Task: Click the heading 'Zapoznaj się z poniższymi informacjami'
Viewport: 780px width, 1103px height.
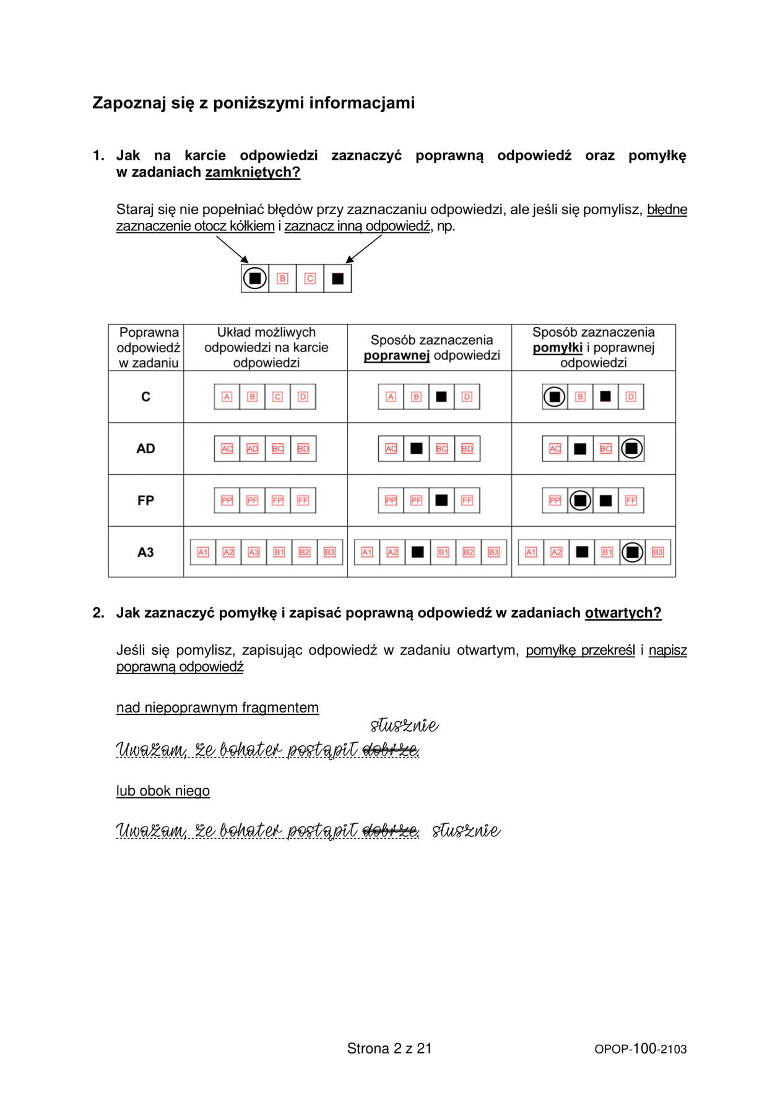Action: [x=253, y=103]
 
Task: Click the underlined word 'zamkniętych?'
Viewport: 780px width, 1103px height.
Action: [x=253, y=172]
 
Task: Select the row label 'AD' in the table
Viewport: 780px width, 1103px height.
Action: [x=145, y=449]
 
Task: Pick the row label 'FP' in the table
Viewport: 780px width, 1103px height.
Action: [x=145, y=500]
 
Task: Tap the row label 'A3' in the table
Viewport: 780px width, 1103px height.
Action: [x=145, y=552]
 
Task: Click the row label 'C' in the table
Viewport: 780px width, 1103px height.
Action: [x=145, y=397]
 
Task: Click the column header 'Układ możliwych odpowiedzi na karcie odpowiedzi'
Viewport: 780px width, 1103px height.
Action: [x=266, y=347]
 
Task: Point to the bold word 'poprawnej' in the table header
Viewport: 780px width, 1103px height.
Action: [x=396, y=355]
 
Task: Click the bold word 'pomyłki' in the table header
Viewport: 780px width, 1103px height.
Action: [x=557, y=348]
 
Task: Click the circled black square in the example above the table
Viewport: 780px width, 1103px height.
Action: [x=254, y=278]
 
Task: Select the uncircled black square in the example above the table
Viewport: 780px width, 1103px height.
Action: [x=337, y=279]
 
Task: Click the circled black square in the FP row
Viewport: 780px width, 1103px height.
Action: [x=580, y=501]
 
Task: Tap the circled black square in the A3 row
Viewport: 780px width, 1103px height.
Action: [x=632, y=552]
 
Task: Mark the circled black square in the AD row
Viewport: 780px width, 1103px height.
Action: [x=631, y=449]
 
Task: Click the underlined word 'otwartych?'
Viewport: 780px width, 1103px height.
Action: [x=623, y=613]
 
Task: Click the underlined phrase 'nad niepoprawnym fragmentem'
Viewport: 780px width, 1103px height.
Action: [x=217, y=707]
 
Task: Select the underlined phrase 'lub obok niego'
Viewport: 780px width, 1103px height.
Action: [x=163, y=791]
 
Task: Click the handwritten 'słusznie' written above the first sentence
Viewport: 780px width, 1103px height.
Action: [x=404, y=725]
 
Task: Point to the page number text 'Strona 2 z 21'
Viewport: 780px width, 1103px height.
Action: [x=389, y=1048]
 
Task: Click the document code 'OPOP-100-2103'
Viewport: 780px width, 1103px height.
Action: [x=640, y=1049]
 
